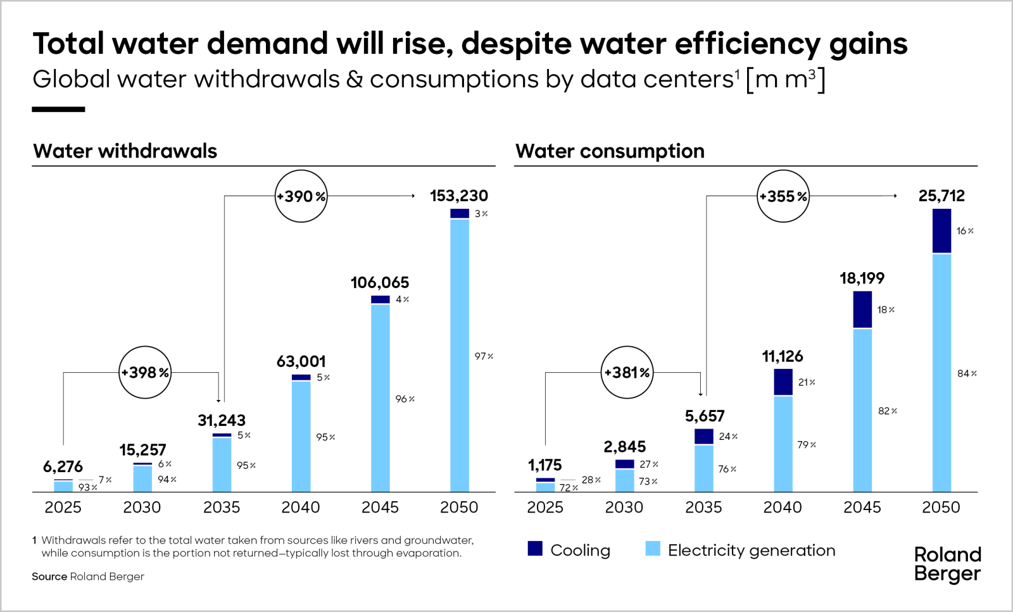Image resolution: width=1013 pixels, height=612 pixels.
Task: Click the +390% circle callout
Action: (x=301, y=196)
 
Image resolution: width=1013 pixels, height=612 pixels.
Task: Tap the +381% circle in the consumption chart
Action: (x=627, y=372)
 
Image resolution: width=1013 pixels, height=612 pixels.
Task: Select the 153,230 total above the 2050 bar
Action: (x=458, y=196)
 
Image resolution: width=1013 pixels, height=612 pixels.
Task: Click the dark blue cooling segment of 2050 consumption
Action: (x=941, y=230)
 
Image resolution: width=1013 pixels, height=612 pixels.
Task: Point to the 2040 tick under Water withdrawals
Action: (x=300, y=507)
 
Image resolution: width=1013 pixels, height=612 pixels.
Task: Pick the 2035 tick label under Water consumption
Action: (x=703, y=507)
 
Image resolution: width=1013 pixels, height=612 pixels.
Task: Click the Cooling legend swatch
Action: (x=535, y=549)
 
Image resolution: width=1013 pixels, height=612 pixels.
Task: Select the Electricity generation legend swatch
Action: (x=652, y=549)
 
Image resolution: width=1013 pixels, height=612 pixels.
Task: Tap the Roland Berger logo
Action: (x=947, y=564)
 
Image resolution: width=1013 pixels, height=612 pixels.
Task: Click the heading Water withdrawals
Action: (x=125, y=151)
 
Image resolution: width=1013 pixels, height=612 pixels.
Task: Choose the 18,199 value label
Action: (x=862, y=278)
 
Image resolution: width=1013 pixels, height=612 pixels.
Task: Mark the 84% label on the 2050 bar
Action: (x=966, y=373)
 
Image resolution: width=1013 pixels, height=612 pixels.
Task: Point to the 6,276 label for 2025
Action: (x=63, y=466)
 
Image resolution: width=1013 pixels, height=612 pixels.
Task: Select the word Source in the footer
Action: (x=49, y=577)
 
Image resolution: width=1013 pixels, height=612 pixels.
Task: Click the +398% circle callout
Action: (x=145, y=372)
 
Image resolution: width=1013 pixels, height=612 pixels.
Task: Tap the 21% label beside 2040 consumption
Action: (x=806, y=382)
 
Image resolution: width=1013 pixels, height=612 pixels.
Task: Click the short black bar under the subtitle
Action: (x=58, y=109)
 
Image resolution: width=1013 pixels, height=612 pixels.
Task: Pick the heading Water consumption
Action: (x=609, y=151)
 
